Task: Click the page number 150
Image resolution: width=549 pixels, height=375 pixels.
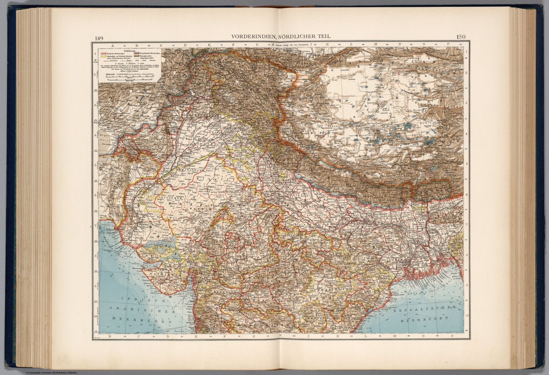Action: tap(461, 36)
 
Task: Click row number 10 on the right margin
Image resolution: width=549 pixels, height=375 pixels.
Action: tap(468, 316)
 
